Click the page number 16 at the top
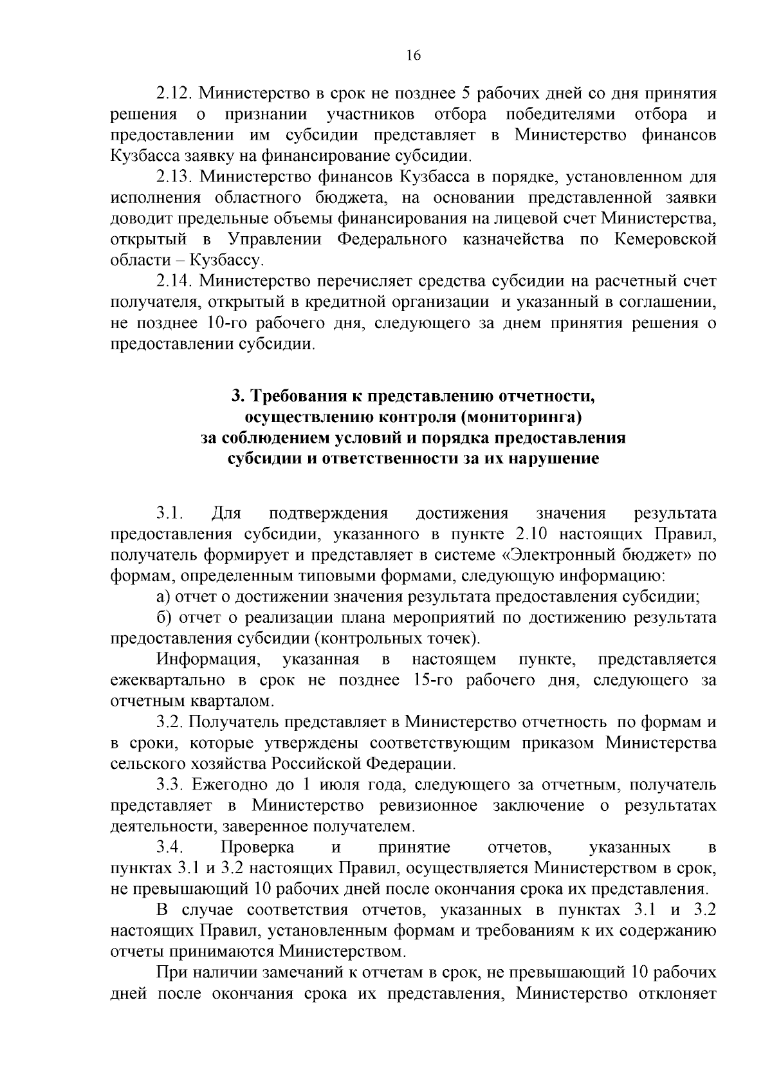pyautogui.click(x=414, y=56)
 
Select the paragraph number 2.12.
pyautogui.click(x=174, y=93)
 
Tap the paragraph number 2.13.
pyautogui.click(x=174, y=176)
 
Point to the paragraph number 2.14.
pyautogui.click(x=174, y=281)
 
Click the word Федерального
pyautogui.click(x=392, y=239)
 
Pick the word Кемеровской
pyautogui.click(x=665, y=239)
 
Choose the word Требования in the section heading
pyautogui.click(x=295, y=396)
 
